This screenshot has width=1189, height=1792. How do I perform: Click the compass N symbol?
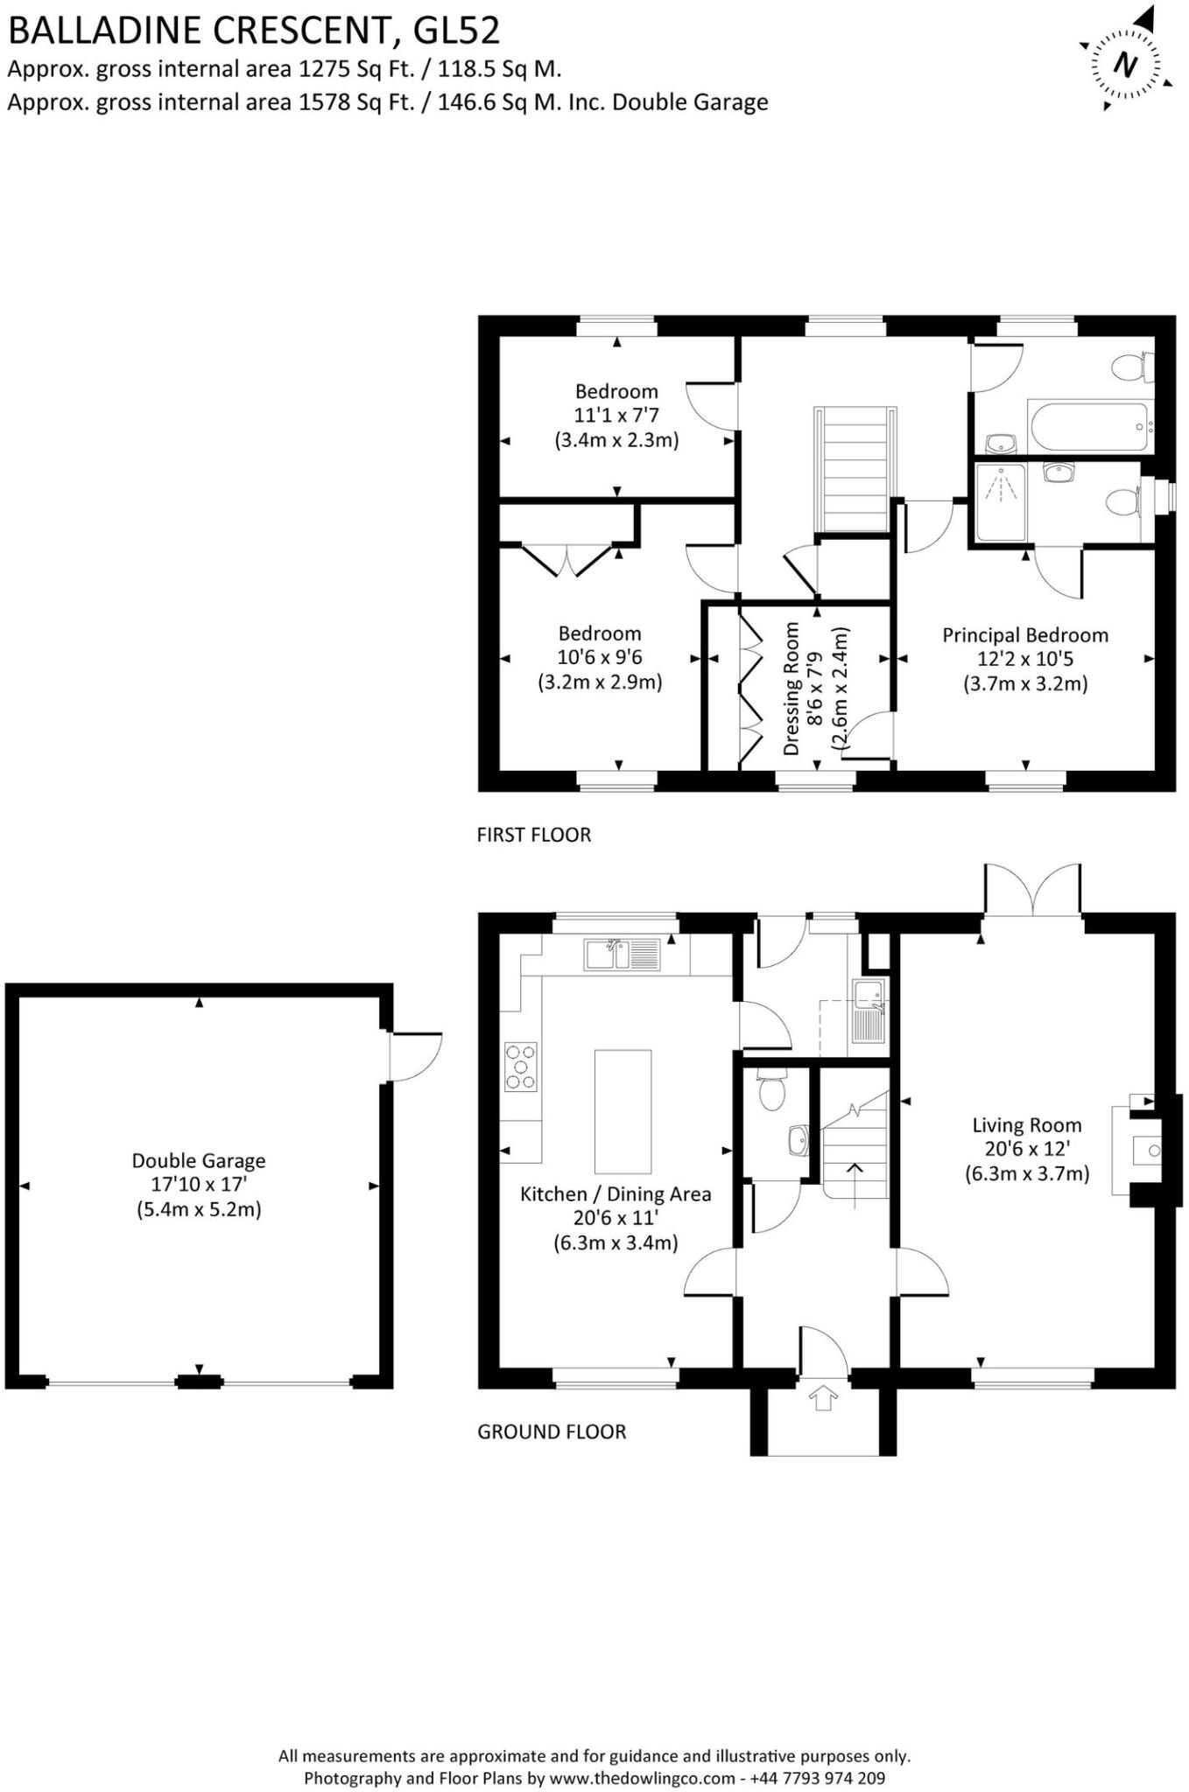point(1126,66)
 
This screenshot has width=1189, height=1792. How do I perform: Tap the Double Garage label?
point(199,1160)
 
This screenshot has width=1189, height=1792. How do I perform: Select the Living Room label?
point(1026,1125)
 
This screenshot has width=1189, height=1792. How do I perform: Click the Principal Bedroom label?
point(1024,635)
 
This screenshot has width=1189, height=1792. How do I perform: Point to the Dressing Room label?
point(791,689)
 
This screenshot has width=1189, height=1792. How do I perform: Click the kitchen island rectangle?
point(623,1110)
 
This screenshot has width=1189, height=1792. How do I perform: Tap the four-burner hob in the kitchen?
point(520,1067)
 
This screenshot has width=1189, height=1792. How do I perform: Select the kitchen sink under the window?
point(622,954)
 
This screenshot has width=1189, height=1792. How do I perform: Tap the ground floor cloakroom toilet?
point(771,1090)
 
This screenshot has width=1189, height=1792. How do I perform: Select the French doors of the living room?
point(1032,891)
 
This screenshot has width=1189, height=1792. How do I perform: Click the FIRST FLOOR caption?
point(533,835)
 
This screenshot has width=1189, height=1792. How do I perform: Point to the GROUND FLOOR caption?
point(551,1431)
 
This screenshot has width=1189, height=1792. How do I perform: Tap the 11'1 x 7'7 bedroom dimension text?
point(616,416)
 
